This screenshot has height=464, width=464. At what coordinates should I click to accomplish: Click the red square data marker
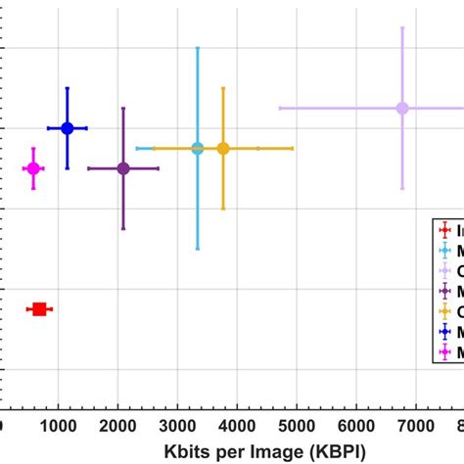(39, 309)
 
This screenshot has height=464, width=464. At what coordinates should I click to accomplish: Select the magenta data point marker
(33, 168)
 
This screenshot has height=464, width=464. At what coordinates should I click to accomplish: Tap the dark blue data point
(68, 128)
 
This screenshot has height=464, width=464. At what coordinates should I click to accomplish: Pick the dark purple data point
(123, 168)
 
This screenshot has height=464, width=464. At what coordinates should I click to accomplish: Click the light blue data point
(198, 148)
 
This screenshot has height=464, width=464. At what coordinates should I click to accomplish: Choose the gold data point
(223, 148)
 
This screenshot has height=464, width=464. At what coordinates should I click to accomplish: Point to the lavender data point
(402, 108)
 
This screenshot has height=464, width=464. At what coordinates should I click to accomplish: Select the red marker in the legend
(446, 230)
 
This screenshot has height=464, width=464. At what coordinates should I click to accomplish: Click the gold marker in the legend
(446, 311)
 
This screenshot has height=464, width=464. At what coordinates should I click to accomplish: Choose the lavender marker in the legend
(446, 270)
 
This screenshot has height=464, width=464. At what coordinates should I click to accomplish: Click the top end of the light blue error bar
(198, 47)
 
